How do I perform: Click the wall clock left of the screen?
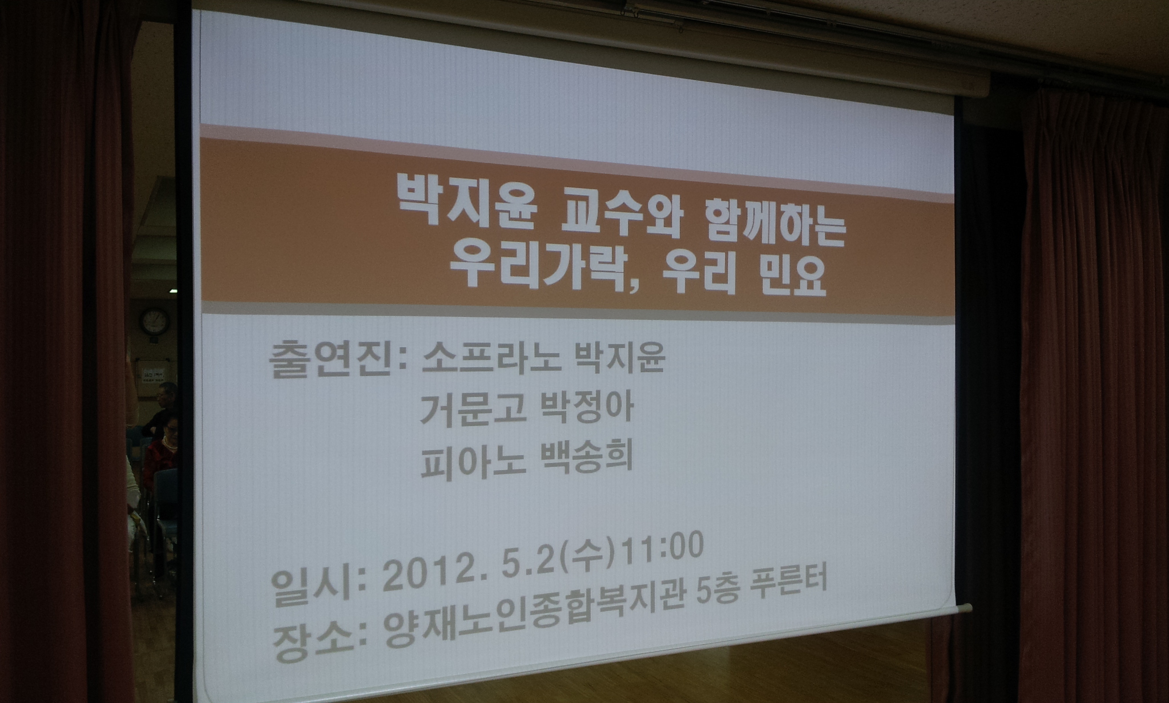(155, 321)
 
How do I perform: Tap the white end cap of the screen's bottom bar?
(965, 608)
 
